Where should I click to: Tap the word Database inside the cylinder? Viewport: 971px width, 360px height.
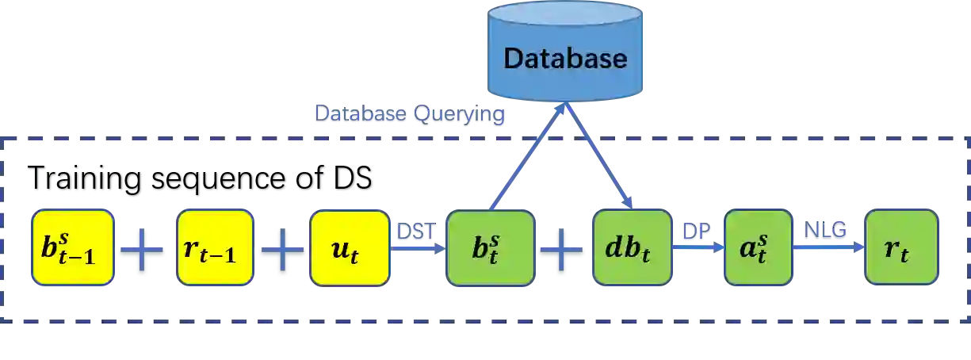point(565,59)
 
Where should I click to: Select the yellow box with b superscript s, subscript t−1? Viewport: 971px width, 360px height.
point(72,247)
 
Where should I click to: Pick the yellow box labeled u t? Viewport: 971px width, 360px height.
point(350,247)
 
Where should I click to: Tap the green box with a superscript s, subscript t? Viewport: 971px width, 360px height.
point(758,247)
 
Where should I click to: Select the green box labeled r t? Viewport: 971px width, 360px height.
point(901,247)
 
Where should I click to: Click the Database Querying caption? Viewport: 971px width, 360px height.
point(407,117)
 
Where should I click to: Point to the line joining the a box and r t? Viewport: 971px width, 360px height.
point(828,249)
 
